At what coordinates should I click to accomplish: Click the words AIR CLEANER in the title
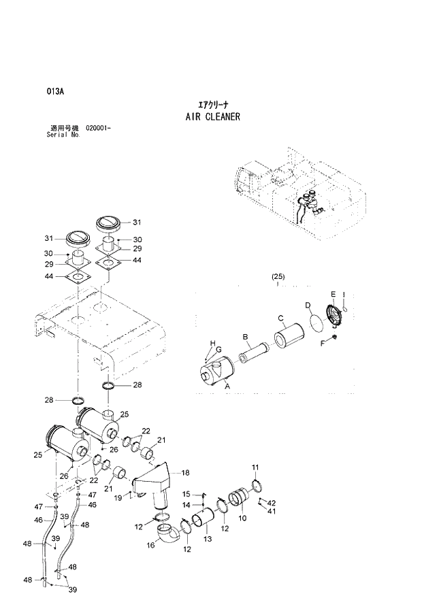tap(212, 117)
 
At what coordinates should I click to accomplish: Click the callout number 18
tap(185, 472)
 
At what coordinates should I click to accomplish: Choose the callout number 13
tap(208, 538)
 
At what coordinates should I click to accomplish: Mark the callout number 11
tap(255, 467)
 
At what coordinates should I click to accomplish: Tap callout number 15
tap(186, 493)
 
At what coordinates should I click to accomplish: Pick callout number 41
tap(271, 510)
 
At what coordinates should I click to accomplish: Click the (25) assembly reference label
tap(278, 276)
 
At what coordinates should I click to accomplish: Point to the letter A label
tap(227, 385)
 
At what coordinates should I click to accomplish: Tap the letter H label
tap(212, 342)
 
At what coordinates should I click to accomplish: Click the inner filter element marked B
tap(253, 354)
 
